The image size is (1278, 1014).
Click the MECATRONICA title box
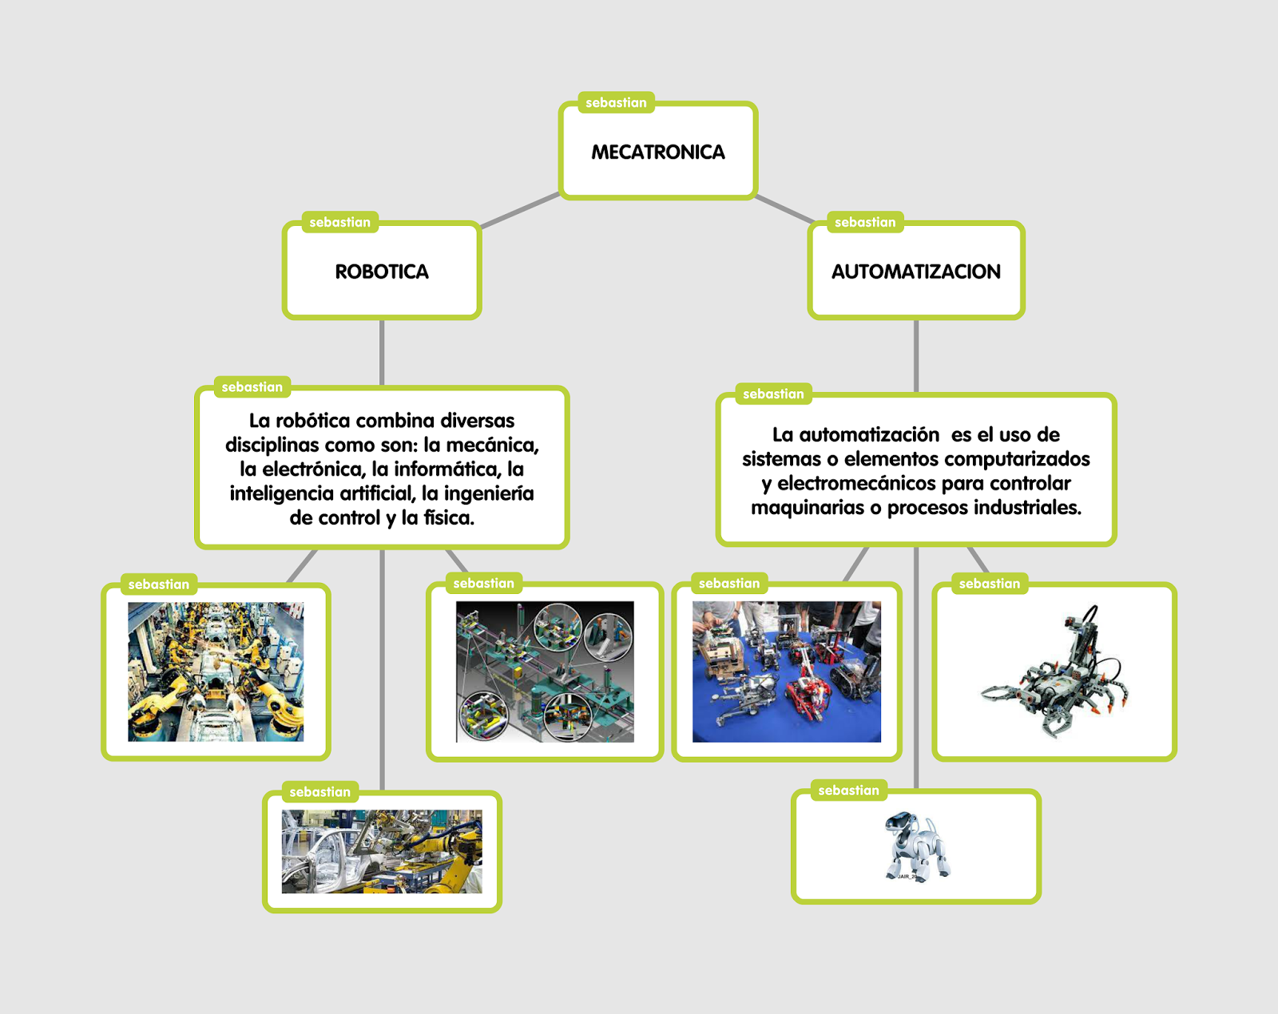click(657, 152)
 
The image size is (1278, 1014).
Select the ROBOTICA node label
click(382, 271)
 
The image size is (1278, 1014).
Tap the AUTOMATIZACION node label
click(915, 271)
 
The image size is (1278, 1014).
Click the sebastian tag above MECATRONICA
click(616, 102)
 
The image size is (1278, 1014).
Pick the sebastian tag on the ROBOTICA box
click(339, 222)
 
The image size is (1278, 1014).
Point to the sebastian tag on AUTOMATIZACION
click(865, 222)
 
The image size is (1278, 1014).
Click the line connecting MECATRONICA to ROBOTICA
click(519, 211)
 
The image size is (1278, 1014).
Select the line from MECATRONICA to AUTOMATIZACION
click(784, 208)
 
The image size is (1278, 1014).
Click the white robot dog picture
click(916, 846)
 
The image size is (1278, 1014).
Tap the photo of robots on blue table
click(786, 671)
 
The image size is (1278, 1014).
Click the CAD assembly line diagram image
click(545, 671)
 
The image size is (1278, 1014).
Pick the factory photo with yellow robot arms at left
click(216, 671)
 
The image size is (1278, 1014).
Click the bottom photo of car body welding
click(382, 851)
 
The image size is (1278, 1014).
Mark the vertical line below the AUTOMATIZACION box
click(916, 356)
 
